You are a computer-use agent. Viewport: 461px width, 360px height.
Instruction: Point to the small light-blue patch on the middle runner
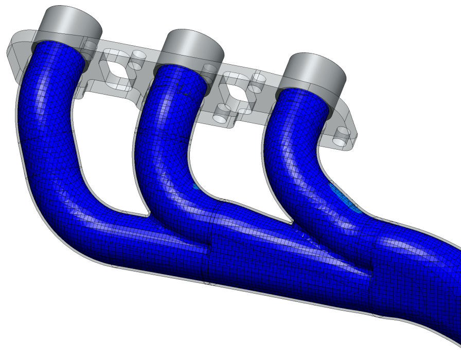pyautogui.click(x=196, y=187)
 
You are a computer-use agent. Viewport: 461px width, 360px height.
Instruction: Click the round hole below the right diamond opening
pyautogui.click(x=222, y=116)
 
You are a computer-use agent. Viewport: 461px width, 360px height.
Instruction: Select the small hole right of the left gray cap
pyautogui.click(x=90, y=45)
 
